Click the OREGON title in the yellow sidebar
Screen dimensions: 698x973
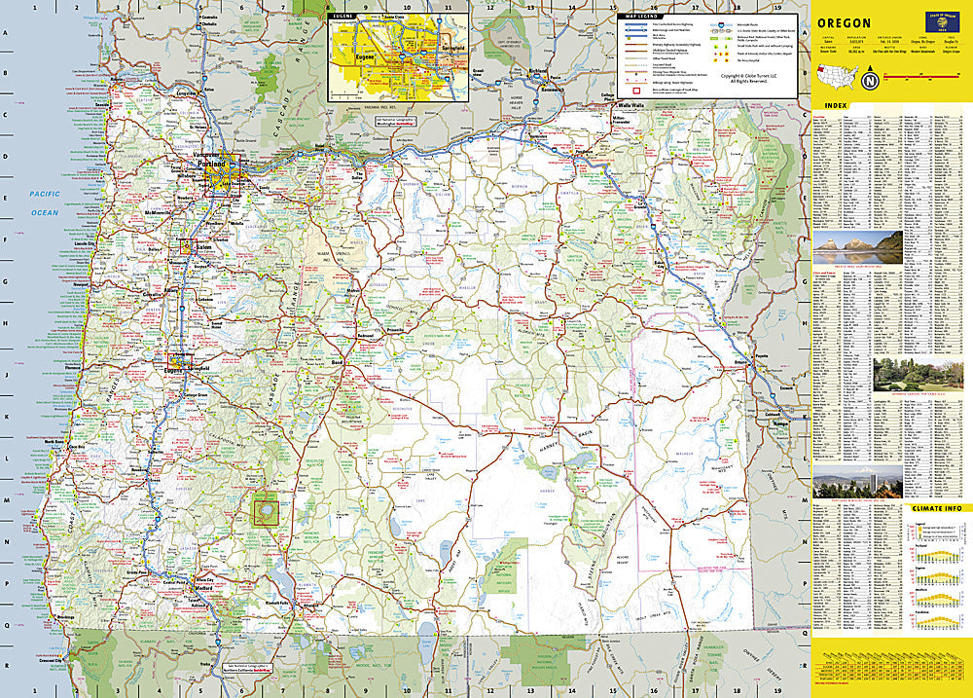point(844,22)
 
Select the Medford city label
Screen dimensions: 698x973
point(202,587)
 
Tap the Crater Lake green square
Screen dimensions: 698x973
point(265,510)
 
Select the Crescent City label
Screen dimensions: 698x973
point(49,662)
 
